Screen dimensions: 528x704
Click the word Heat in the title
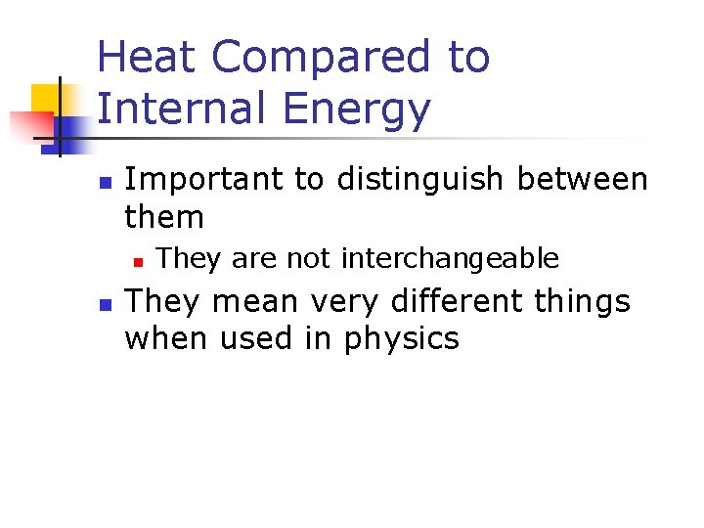click(x=148, y=58)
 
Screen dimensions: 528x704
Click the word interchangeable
click(x=450, y=259)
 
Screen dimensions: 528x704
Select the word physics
click(x=402, y=339)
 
